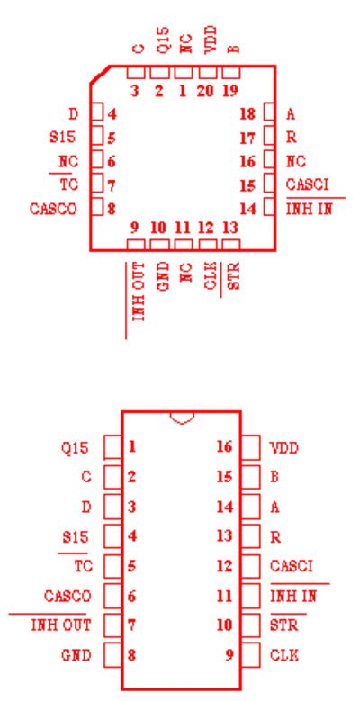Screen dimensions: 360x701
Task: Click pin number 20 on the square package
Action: [x=205, y=91]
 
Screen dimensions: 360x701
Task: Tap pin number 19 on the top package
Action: [x=230, y=91]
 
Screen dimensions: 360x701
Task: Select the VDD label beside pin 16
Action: [x=284, y=447]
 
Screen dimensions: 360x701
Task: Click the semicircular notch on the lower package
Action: [x=182, y=419]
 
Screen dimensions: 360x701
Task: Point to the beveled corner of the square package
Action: [x=100, y=75]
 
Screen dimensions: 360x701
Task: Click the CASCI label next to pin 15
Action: [x=307, y=184]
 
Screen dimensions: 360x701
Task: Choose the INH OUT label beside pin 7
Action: [x=61, y=625]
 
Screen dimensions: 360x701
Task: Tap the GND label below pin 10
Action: [x=164, y=277]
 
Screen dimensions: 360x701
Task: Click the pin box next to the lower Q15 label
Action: [x=112, y=447]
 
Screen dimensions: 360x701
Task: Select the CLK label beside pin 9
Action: [x=284, y=655]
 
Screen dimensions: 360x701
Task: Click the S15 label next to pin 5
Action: [x=63, y=137]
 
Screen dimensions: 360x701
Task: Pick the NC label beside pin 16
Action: [x=295, y=161]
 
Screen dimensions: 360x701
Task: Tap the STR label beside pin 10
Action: [x=284, y=625]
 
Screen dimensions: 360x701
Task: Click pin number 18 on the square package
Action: [x=247, y=114]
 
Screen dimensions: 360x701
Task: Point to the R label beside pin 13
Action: [x=275, y=537]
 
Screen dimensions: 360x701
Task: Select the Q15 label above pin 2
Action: [x=164, y=40]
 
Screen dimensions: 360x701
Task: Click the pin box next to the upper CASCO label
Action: [x=97, y=207]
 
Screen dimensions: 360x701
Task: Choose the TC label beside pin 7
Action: [x=69, y=184]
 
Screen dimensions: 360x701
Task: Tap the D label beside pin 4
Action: [x=73, y=114]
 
